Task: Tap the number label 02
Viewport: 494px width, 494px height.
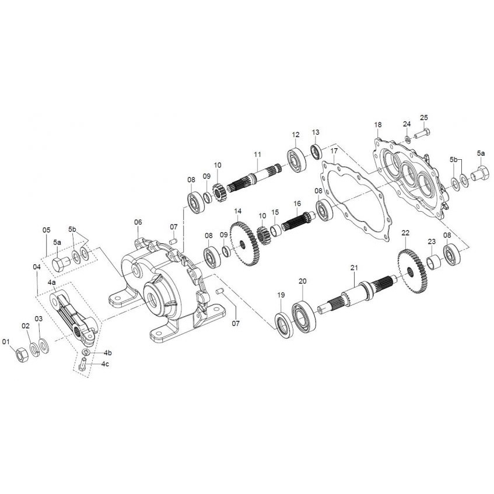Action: [26, 325]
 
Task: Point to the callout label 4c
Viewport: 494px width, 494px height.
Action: [106, 364]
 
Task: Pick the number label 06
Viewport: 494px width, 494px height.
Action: [138, 222]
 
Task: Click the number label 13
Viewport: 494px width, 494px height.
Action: [316, 132]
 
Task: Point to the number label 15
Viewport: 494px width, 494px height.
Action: [275, 212]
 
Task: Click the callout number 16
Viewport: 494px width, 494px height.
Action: [297, 204]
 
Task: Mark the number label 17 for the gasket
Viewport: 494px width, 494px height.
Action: [334, 151]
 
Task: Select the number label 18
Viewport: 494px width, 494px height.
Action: [378, 125]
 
